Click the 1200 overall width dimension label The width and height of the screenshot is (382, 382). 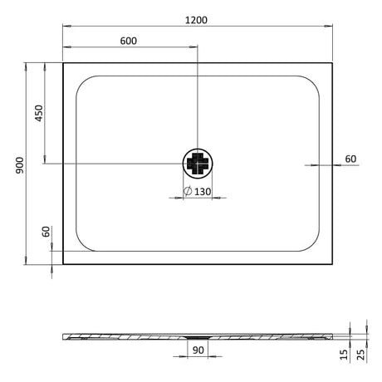pos(198,18)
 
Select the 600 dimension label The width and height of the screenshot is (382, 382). pos(128,41)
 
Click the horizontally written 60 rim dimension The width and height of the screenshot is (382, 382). pos(350,158)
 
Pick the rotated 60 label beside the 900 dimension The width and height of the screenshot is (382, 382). pos(47,235)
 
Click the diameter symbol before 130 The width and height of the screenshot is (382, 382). pos(189,192)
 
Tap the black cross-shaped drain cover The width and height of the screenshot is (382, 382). pos(198,163)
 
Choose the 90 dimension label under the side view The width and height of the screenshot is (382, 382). pos(198,350)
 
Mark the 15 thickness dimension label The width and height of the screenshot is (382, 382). pos(344,355)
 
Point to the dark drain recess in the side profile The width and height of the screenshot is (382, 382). pos(198,336)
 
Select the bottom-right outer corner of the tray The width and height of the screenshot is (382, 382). pos(332,263)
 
